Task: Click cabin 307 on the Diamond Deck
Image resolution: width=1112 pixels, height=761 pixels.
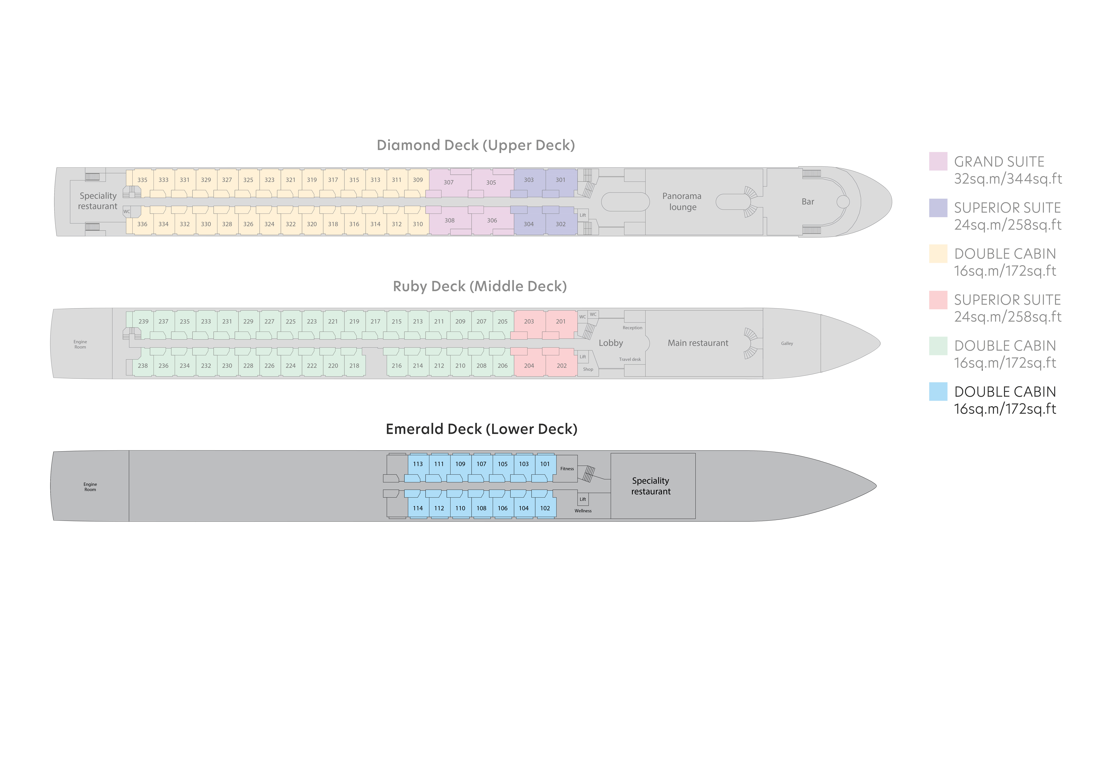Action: pyautogui.click(x=448, y=182)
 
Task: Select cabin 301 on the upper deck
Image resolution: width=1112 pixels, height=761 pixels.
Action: pyautogui.click(x=561, y=180)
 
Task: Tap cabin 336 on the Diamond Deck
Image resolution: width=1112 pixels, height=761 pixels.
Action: pyautogui.click(x=143, y=224)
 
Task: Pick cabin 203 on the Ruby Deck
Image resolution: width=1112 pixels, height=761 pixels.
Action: pyautogui.click(x=529, y=322)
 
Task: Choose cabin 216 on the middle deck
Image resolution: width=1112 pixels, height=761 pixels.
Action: pyautogui.click(x=397, y=366)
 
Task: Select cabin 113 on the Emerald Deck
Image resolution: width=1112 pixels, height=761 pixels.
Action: pyautogui.click(x=418, y=464)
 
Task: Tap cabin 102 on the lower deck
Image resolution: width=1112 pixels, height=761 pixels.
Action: pyautogui.click(x=545, y=508)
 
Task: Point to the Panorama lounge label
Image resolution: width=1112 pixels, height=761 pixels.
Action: pyautogui.click(x=682, y=202)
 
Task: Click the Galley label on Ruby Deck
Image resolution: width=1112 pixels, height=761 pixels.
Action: pyautogui.click(x=787, y=343)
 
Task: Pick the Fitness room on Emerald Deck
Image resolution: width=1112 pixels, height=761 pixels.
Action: pyautogui.click(x=567, y=469)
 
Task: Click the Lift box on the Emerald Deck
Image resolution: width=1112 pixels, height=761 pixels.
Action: pyautogui.click(x=583, y=499)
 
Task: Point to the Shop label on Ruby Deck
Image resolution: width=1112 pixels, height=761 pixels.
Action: pyautogui.click(x=588, y=369)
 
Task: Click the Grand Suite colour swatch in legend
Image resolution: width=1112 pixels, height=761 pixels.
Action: pyautogui.click(x=938, y=161)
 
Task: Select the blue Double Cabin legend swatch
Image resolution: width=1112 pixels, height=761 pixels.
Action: pyautogui.click(x=938, y=392)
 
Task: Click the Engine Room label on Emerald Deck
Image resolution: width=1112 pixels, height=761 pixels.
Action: pyautogui.click(x=90, y=487)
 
